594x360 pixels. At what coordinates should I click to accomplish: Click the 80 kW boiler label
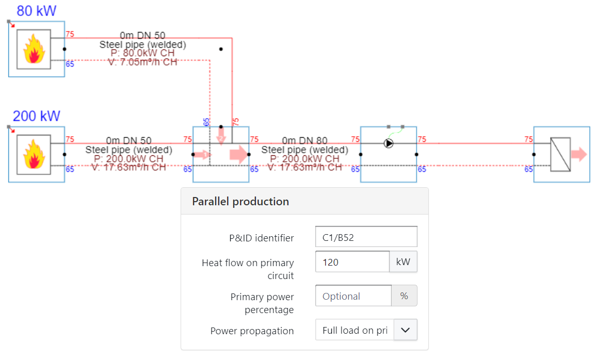[36, 10]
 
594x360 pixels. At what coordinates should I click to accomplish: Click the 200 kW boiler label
[36, 116]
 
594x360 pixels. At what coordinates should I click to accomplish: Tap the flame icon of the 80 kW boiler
[34, 49]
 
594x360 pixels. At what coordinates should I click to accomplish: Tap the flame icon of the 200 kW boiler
[34, 154]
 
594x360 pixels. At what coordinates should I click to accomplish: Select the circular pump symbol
[389, 143]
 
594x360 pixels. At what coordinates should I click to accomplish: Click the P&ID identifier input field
[366, 237]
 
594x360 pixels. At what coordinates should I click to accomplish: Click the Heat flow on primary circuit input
[352, 262]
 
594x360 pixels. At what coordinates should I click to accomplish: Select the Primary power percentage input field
[353, 296]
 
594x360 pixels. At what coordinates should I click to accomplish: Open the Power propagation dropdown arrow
[405, 330]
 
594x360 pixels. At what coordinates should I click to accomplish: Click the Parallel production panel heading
[240, 201]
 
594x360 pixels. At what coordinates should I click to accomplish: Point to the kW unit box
[403, 262]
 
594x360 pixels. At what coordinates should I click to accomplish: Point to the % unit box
[404, 296]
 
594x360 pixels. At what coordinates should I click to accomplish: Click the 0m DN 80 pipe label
[304, 140]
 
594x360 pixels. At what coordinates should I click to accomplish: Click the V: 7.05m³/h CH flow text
[142, 62]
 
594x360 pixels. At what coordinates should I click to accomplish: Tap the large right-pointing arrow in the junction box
[238, 154]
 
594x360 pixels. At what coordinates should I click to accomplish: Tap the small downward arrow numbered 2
[221, 138]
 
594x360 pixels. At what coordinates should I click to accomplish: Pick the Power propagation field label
[252, 331]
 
